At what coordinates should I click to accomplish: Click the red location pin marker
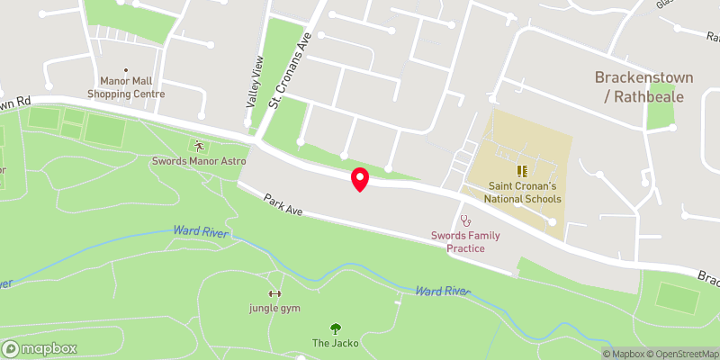click(x=360, y=178)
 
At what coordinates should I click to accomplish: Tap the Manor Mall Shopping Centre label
click(x=125, y=86)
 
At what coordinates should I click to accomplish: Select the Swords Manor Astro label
click(x=199, y=161)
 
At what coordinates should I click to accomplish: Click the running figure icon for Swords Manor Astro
click(x=199, y=145)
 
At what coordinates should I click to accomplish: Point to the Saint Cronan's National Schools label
click(x=522, y=192)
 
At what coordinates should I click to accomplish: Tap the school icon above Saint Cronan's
click(x=522, y=170)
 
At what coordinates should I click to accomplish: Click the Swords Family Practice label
click(x=465, y=241)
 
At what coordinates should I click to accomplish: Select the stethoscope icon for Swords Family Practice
click(x=465, y=219)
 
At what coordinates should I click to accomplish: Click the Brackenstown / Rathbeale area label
click(x=640, y=86)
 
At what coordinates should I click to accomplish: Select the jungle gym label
click(x=274, y=309)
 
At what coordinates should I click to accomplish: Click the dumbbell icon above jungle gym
click(x=274, y=293)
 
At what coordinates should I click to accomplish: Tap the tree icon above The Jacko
click(x=336, y=328)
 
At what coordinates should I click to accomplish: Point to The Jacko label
click(x=336, y=343)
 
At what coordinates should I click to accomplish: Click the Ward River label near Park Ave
click(x=201, y=231)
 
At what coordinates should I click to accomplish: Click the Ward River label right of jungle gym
click(x=444, y=291)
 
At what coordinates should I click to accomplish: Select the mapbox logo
click(x=40, y=348)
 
